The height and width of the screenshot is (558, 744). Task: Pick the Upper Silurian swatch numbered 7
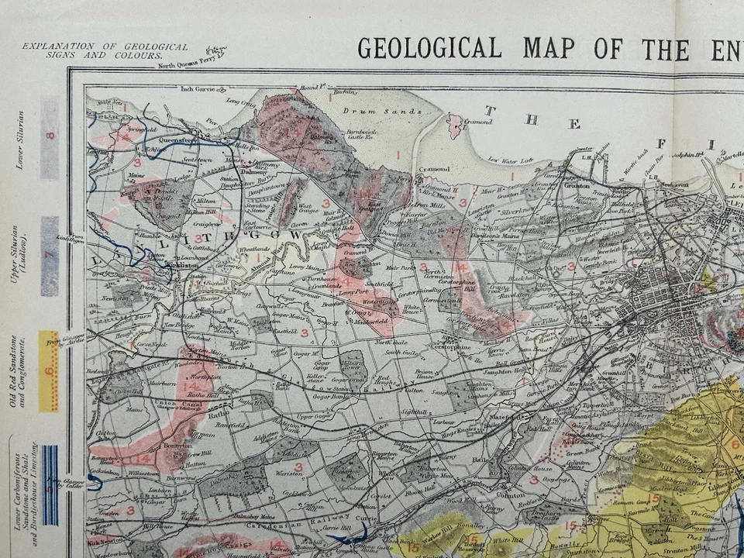[50, 256]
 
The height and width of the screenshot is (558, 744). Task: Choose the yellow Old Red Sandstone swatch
[49, 370]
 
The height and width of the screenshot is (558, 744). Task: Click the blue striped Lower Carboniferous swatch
[50, 485]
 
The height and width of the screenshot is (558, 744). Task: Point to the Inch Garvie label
[197, 88]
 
